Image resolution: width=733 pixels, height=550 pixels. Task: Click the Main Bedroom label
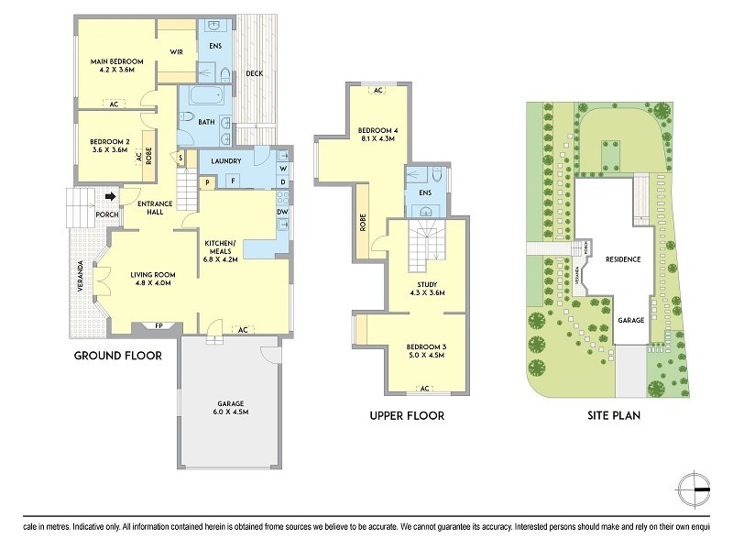pyautogui.click(x=113, y=61)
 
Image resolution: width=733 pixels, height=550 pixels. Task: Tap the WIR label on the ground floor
pyautogui.click(x=177, y=52)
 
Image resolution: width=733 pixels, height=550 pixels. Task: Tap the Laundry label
pyautogui.click(x=225, y=161)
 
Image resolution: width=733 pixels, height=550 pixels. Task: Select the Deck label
pyautogui.click(x=254, y=74)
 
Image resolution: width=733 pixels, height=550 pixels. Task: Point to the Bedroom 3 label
pyautogui.click(x=423, y=346)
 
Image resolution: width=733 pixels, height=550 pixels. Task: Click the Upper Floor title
pyautogui.click(x=407, y=415)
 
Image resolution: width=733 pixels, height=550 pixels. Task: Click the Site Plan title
pyautogui.click(x=613, y=415)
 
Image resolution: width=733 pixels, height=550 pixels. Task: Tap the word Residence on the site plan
pyautogui.click(x=622, y=259)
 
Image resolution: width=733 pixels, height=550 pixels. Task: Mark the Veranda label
pyautogui.click(x=81, y=278)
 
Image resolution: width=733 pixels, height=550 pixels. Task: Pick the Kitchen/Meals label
pyautogui.click(x=220, y=247)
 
